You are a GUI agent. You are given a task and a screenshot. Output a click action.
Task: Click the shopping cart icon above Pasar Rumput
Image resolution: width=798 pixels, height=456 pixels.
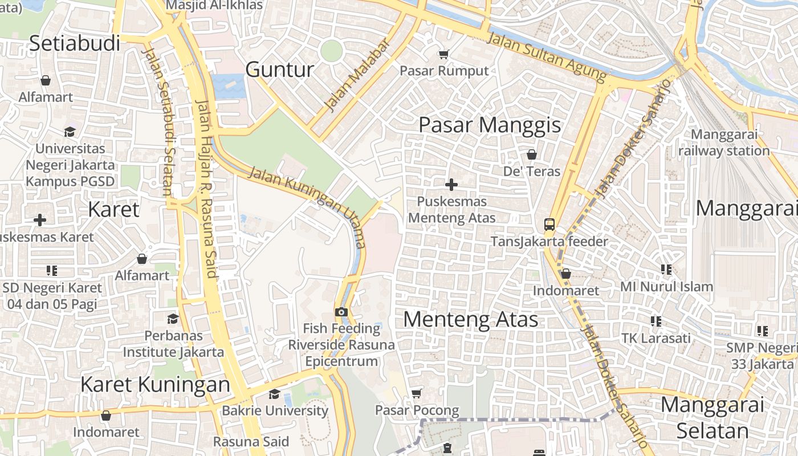click(x=443, y=54)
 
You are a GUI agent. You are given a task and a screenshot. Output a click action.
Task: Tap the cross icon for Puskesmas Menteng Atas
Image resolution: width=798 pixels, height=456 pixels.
click(x=451, y=185)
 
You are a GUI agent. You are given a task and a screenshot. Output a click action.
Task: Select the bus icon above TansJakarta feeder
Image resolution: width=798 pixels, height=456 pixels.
click(x=549, y=225)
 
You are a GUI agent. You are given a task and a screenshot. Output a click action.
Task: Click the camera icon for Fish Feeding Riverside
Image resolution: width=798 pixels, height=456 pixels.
click(x=341, y=312)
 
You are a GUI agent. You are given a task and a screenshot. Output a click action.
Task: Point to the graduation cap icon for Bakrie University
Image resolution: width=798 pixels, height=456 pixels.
click(x=274, y=394)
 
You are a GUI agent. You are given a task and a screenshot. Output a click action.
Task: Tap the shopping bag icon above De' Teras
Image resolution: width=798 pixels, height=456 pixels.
click(x=531, y=154)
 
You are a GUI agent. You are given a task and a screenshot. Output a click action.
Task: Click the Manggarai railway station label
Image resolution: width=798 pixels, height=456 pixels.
click(x=724, y=143)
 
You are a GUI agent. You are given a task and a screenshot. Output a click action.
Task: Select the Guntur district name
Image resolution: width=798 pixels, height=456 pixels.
click(x=279, y=70)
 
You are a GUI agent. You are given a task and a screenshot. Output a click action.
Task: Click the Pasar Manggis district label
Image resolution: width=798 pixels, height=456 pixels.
click(x=490, y=125)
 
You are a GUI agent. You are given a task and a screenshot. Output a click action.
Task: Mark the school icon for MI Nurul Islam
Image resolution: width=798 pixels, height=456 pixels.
click(x=666, y=270)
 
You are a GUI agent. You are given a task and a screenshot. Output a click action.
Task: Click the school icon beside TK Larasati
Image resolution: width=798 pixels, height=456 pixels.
click(x=656, y=321)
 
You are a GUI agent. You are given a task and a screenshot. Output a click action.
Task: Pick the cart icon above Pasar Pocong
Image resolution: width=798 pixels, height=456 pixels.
click(x=416, y=393)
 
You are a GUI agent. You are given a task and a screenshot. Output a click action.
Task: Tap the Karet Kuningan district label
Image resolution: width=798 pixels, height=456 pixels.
click(x=155, y=384)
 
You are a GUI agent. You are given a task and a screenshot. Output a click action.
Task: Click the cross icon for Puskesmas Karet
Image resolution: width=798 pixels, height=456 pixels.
click(x=40, y=220)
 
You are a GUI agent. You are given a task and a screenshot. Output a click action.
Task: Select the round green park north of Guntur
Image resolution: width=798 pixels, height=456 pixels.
click(x=331, y=51)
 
